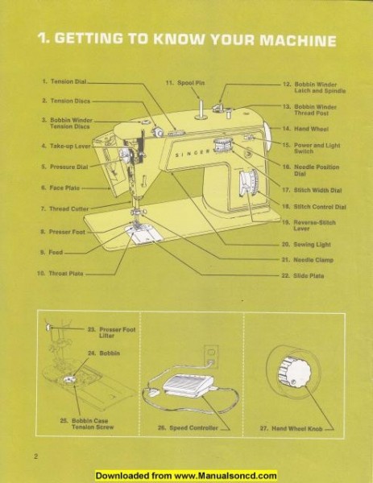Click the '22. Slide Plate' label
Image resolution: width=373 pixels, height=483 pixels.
(307, 275)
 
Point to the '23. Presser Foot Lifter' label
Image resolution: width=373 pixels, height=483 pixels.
(103, 332)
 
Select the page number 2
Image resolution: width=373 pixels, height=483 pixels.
(37, 457)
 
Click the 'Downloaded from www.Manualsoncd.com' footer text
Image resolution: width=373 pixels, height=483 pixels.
(186, 476)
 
